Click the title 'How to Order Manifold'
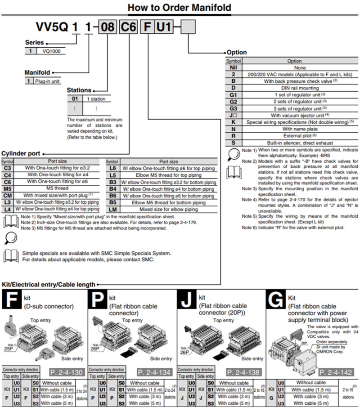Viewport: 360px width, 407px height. (x=179, y=8)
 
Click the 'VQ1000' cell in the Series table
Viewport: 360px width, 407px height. (x=51, y=51)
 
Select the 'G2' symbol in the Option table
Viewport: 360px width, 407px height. (x=233, y=101)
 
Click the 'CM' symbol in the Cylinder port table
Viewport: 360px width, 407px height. (x=8, y=195)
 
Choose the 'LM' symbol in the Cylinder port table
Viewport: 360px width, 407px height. (x=113, y=209)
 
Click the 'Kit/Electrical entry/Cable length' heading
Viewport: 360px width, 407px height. (x=49, y=284)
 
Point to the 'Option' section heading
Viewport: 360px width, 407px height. (x=237, y=52)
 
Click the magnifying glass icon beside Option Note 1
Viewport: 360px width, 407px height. (x=233, y=153)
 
